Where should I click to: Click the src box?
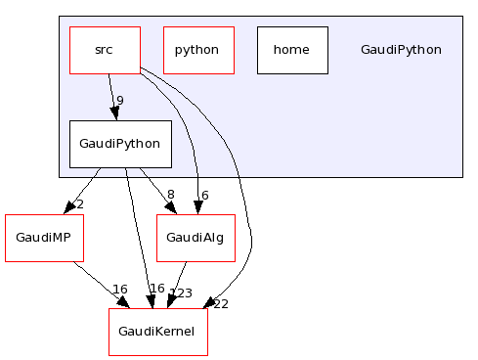coord(105,50)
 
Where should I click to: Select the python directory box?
coord(198,50)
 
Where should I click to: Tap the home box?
coord(291,50)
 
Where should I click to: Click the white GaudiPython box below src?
coord(120,144)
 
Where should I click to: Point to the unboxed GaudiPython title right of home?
coord(401,50)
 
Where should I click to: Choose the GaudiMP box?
coord(44,238)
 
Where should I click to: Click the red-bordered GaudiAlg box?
coord(196,238)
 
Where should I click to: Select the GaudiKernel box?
coord(158,332)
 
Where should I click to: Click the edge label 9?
coord(119,101)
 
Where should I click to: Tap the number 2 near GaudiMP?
coord(79,204)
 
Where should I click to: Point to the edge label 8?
coord(170,195)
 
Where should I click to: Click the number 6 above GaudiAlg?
coord(204,195)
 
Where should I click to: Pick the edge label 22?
coord(220,303)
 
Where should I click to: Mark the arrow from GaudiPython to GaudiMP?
coord(82,189)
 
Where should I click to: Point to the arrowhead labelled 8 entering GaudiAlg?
coord(170,207)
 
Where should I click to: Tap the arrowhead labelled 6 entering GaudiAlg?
coord(197,206)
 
